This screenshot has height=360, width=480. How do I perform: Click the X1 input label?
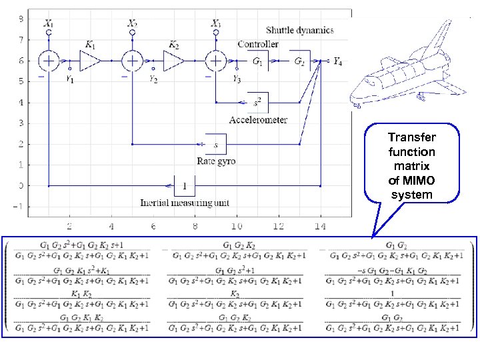pyautogui.click(x=49, y=23)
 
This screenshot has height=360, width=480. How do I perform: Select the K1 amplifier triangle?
pyautogui.click(x=89, y=61)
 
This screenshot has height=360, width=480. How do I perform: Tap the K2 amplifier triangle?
pyautogui.click(x=173, y=61)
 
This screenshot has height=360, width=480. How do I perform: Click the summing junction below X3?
pyautogui.click(x=216, y=61)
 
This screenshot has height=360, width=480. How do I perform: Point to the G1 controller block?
pyautogui.click(x=257, y=61)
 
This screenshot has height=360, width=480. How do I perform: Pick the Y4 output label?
pyautogui.click(x=337, y=62)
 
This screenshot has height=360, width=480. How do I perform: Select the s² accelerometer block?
pyautogui.click(x=257, y=103)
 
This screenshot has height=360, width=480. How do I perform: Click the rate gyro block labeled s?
pyautogui.click(x=215, y=143)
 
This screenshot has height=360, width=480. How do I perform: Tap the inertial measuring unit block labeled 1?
pyautogui.click(x=184, y=185)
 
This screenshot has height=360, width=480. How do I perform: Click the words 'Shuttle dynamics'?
pyautogui.click(x=300, y=30)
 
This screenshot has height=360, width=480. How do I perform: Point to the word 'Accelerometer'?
pyautogui.click(x=258, y=120)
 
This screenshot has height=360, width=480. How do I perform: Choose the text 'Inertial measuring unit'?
pyautogui.click(x=184, y=202)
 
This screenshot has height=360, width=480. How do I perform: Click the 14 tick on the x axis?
pyautogui.click(x=321, y=227)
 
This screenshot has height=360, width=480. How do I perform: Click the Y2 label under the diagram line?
pyautogui.click(x=153, y=79)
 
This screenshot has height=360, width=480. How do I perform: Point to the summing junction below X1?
pyautogui.click(x=49, y=61)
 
